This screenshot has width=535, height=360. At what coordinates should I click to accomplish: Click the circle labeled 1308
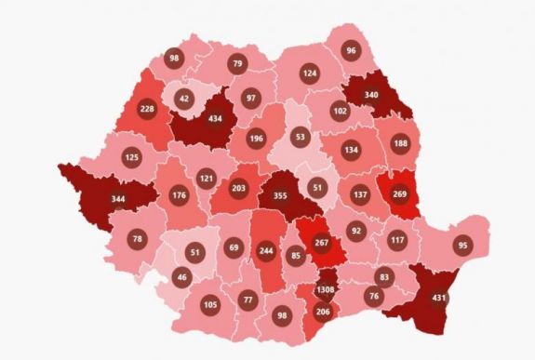click(x=324, y=289)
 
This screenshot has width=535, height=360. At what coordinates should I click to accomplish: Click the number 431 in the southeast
click(x=438, y=298)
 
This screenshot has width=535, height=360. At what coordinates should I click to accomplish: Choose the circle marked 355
click(x=280, y=196)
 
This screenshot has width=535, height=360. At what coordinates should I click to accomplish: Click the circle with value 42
click(x=183, y=99)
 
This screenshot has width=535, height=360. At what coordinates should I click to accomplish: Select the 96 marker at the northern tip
click(x=351, y=51)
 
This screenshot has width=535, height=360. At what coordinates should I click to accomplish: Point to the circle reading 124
click(x=310, y=73)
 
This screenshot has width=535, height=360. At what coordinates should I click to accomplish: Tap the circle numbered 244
click(x=266, y=249)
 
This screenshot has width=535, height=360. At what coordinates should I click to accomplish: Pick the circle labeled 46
click(x=181, y=276)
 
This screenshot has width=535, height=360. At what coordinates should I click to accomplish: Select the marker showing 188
click(x=400, y=142)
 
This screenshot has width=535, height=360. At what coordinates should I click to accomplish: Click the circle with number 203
click(x=238, y=188)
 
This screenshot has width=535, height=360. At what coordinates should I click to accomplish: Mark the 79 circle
click(x=237, y=64)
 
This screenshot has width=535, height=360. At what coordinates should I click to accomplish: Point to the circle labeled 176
click(x=180, y=195)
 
